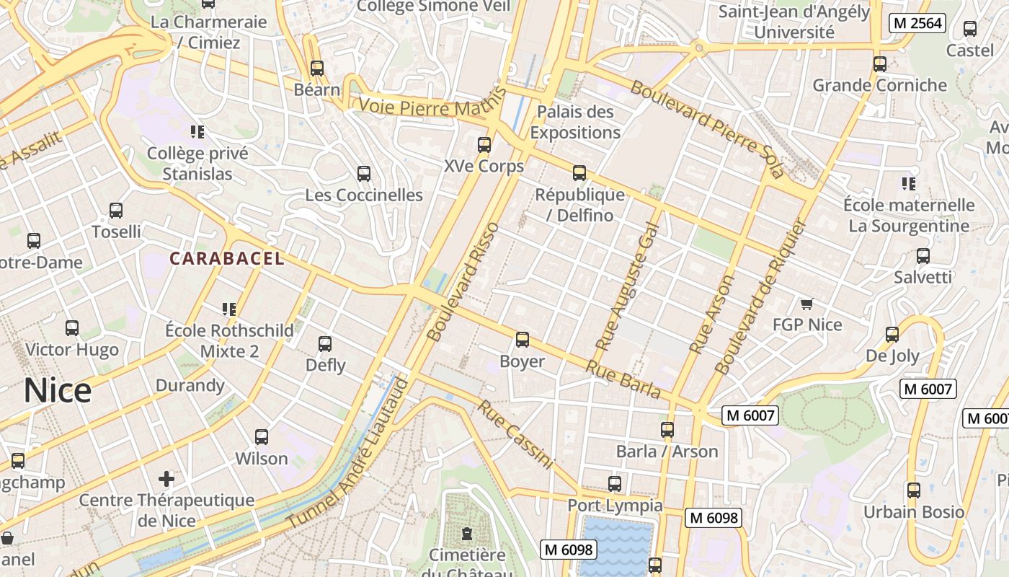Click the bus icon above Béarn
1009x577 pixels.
coord(317,69)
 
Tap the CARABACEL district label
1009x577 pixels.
coord(227,258)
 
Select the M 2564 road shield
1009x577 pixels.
coord(917,23)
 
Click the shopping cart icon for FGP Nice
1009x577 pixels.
coord(806,304)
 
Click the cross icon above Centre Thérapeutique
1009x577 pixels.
coord(166,478)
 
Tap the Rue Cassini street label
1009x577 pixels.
coord(516,434)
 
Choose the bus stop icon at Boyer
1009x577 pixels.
coord(523,339)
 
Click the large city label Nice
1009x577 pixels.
coord(58,390)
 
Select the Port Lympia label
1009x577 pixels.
coord(615,505)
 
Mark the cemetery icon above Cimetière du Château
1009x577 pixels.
coord(467,534)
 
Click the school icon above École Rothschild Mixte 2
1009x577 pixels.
coord(229,309)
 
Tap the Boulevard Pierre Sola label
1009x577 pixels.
coord(706,129)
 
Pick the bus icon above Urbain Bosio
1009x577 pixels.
coord(914,490)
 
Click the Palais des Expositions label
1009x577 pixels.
coord(575,122)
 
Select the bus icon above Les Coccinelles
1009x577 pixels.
coord(364,174)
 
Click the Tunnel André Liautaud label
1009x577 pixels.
coord(348,454)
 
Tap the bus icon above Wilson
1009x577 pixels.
coord(262,437)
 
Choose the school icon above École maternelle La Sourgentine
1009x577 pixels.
coord(908,184)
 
